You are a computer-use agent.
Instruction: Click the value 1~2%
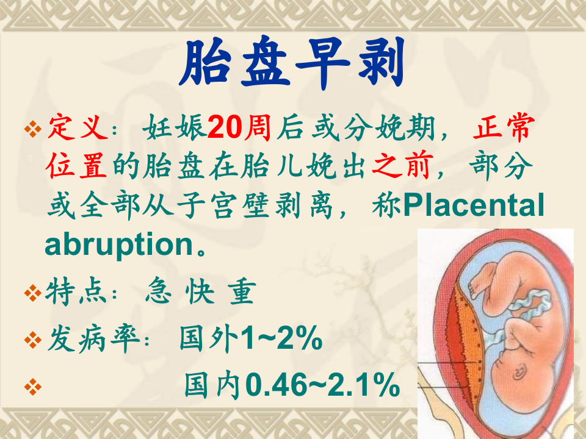(281, 340)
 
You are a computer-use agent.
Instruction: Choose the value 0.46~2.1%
(322, 385)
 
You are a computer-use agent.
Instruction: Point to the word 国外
(208, 340)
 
